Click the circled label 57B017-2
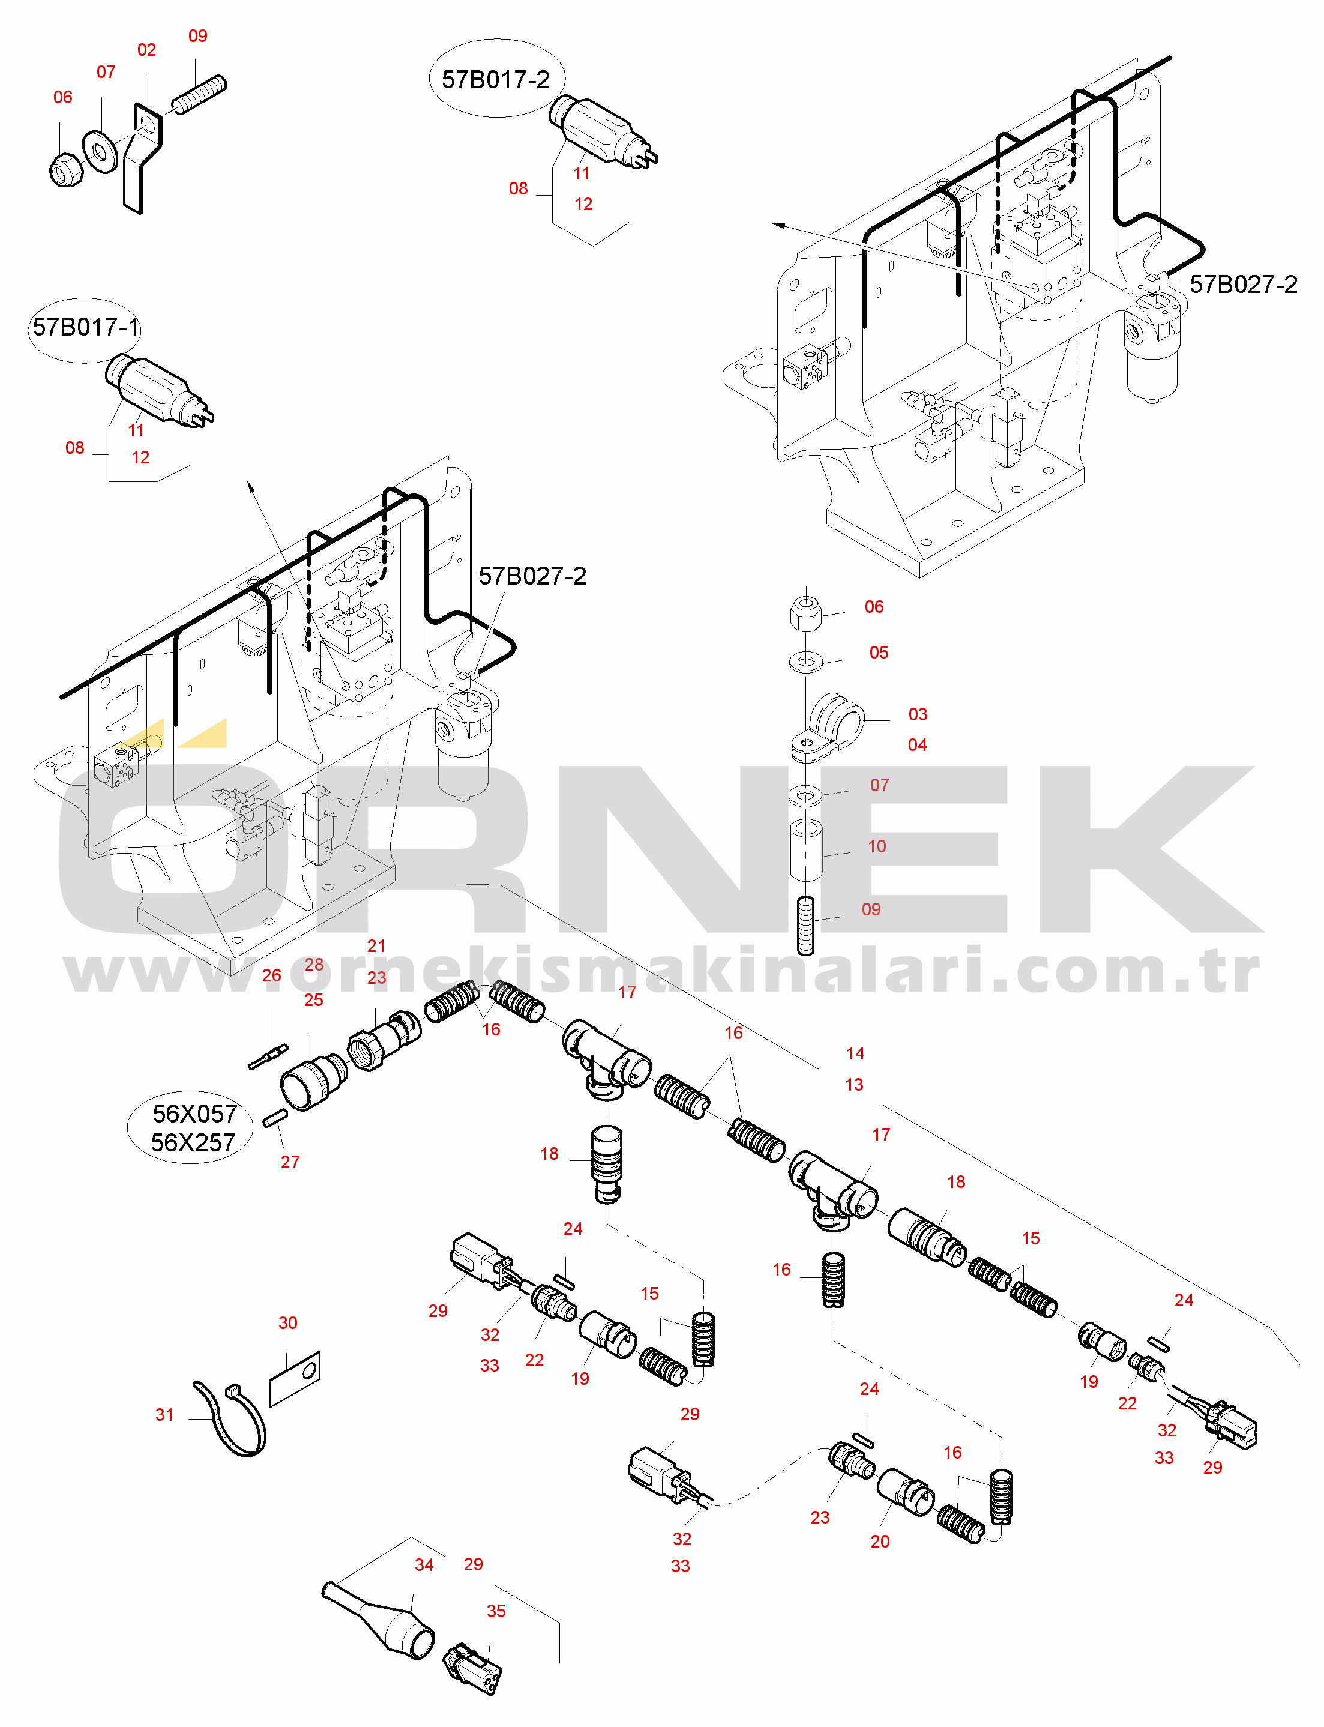[x=496, y=79]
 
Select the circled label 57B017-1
[x=85, y=328]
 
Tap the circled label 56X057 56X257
[x=191, y=1128]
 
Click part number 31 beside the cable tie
[x=164, y=1415]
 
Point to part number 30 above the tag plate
[x=287, y=1322]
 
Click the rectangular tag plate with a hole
[x=295, y=1379]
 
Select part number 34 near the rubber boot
[x=424, y=1565]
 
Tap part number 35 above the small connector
[x=496, y=1611]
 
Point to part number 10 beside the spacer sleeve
[x=877, y=846]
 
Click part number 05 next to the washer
[x=879, y=652]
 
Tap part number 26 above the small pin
[x=272, y=975]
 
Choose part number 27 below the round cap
[x=290, y=1162]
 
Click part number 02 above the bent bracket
[x=146, y=50]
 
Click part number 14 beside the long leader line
[x=856, y=1053]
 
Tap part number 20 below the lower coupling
[x=880, y=1541]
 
